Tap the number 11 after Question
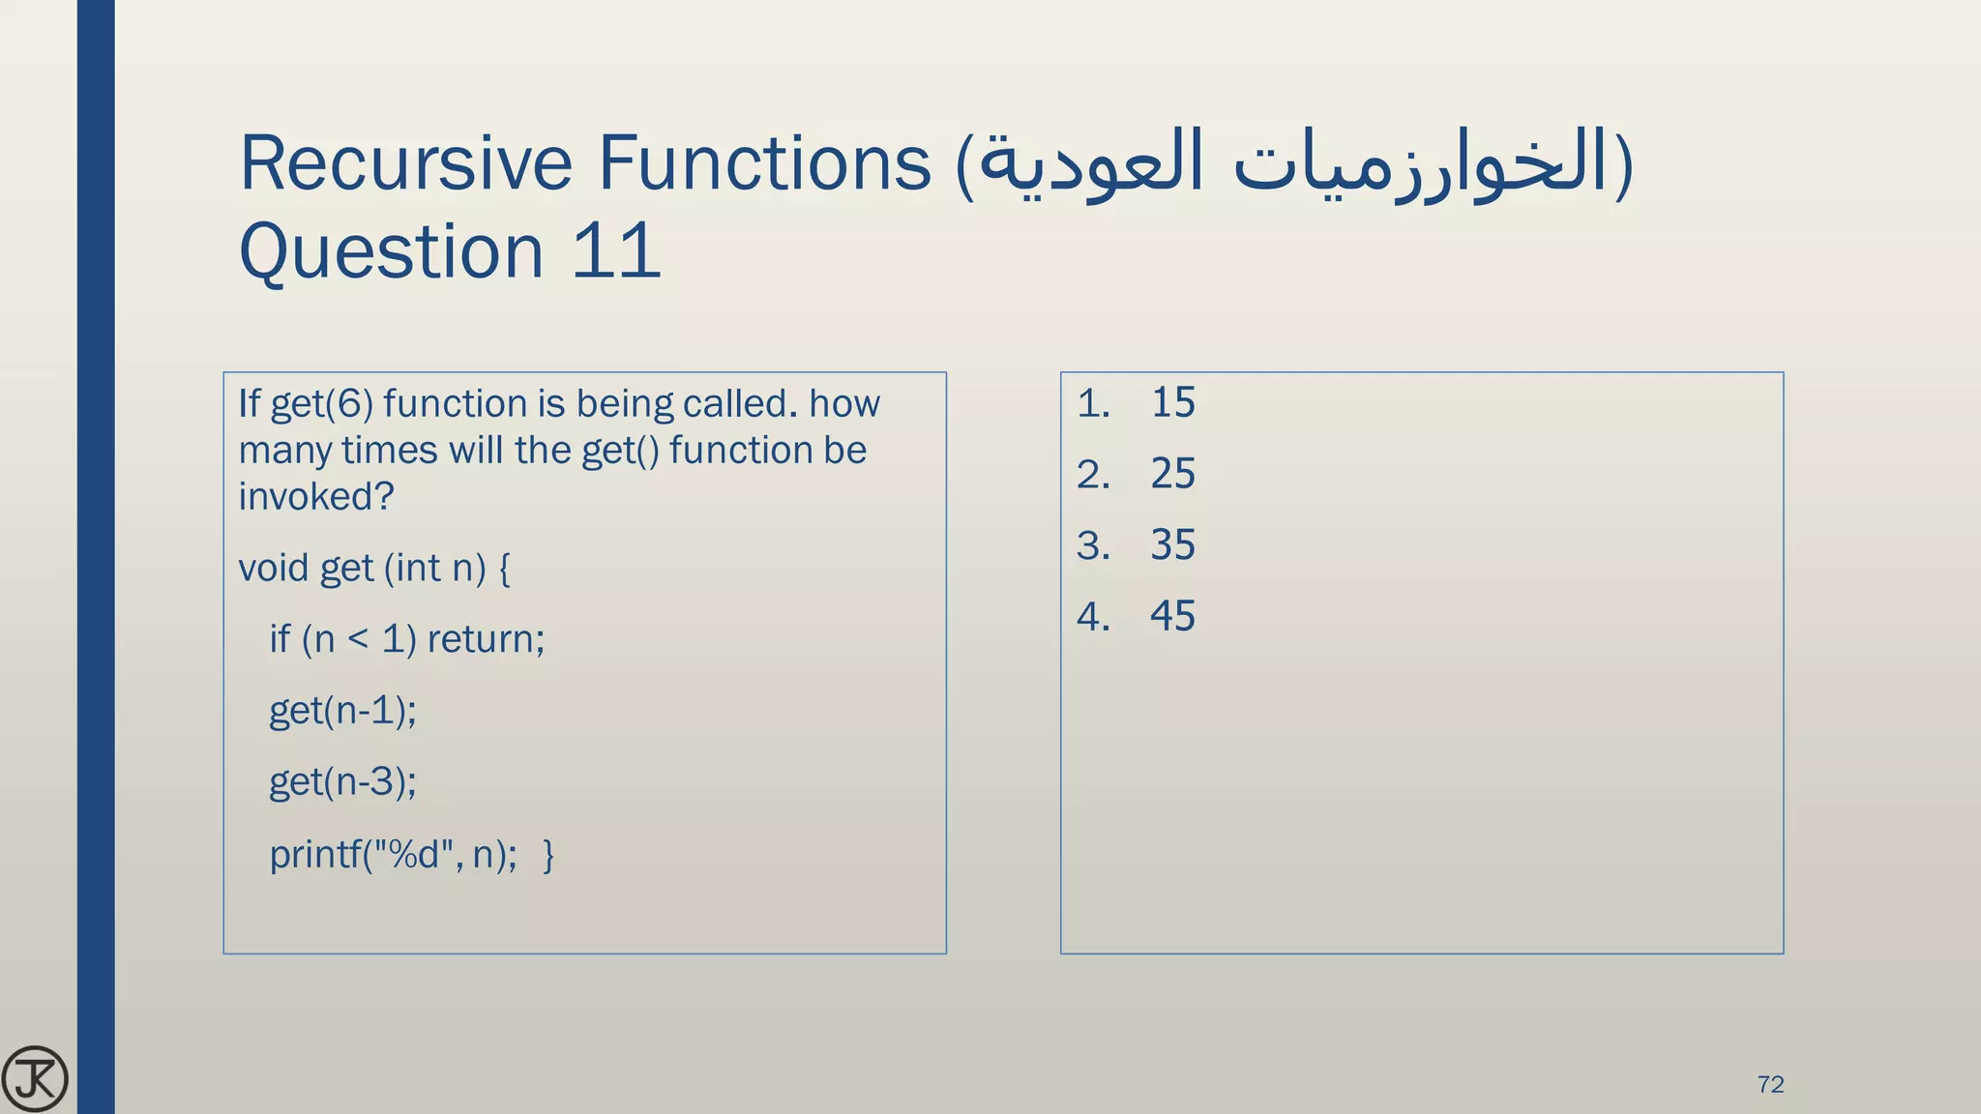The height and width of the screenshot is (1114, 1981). click(x=615, y=251)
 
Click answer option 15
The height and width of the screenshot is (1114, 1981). click(x=1172, y=402)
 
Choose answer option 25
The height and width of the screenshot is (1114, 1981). click(x=1172, y=474)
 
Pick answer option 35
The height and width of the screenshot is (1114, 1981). click(x=1172, y=545)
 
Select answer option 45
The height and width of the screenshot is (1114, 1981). click(x=1172, y=616)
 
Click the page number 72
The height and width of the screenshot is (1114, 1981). click(x=1770, y=1084)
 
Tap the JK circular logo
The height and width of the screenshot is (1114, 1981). click(x=35, y=1078)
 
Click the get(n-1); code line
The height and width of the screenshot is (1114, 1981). click(x=342, y=711)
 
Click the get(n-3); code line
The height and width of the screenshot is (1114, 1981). click(x=342, y=781)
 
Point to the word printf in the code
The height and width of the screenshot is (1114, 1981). click(x=314, y=855)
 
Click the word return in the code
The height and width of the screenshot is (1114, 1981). click(x=486, y=639)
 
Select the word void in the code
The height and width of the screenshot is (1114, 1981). click(x=273, y=568)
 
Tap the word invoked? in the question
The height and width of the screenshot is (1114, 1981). click(x=315, y=497)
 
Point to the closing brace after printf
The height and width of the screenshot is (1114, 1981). click(x=548, y=855)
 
